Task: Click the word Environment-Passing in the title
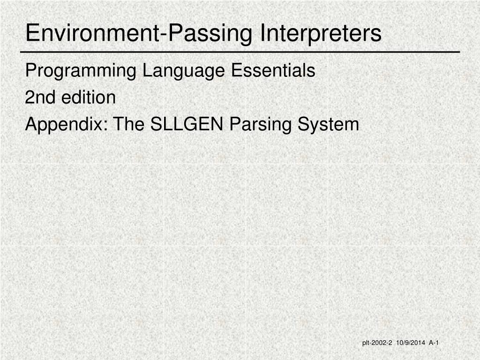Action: click(x=139, y=33)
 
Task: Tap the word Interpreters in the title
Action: click(x=321, y=33)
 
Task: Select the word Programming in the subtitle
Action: click(x=81, y=71)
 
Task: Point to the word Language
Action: click(x=184, y=71)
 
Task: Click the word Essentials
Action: click(x=273, y=70)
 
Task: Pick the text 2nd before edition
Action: click(x=40, y=97)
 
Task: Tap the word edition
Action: click(x=89, y=97)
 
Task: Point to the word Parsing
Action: click(x=260, y=125)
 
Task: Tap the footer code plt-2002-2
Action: click(x=377, y=343)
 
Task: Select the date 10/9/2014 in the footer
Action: click(x=411, y=343)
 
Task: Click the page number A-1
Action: click(x=434, y=343)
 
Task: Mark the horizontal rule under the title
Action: click(x=240, y=52)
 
